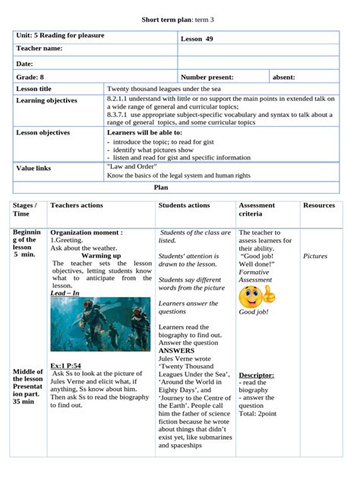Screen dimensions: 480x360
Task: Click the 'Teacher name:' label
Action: pos(45,49)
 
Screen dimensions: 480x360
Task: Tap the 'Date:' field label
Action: pos(25,64)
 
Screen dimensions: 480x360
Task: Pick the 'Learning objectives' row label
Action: pos(46,100)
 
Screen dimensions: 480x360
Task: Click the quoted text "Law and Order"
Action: pos(131,166)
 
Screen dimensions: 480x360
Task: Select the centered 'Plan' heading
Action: pos(161,187)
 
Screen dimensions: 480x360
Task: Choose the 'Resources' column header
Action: pos(318,205)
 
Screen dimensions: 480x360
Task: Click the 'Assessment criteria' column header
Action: pos(257,210)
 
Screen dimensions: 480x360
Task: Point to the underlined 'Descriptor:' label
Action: pos(256,375)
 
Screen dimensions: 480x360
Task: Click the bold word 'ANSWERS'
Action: pos(177,350)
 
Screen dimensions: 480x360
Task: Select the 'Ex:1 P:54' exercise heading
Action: pos(66,365)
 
